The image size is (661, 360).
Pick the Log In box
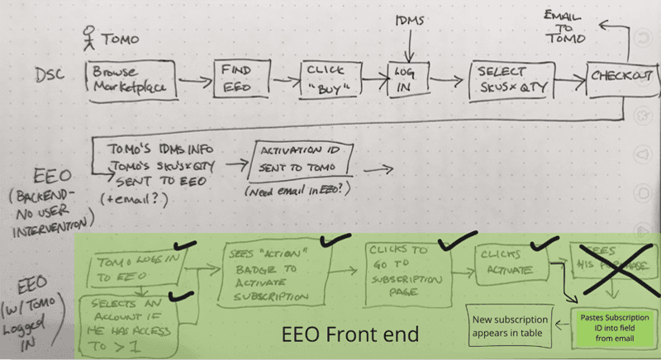[x=404, y=78]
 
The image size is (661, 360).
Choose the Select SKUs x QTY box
[x=508, y=79]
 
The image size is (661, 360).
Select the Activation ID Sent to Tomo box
[x=302, y=159]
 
